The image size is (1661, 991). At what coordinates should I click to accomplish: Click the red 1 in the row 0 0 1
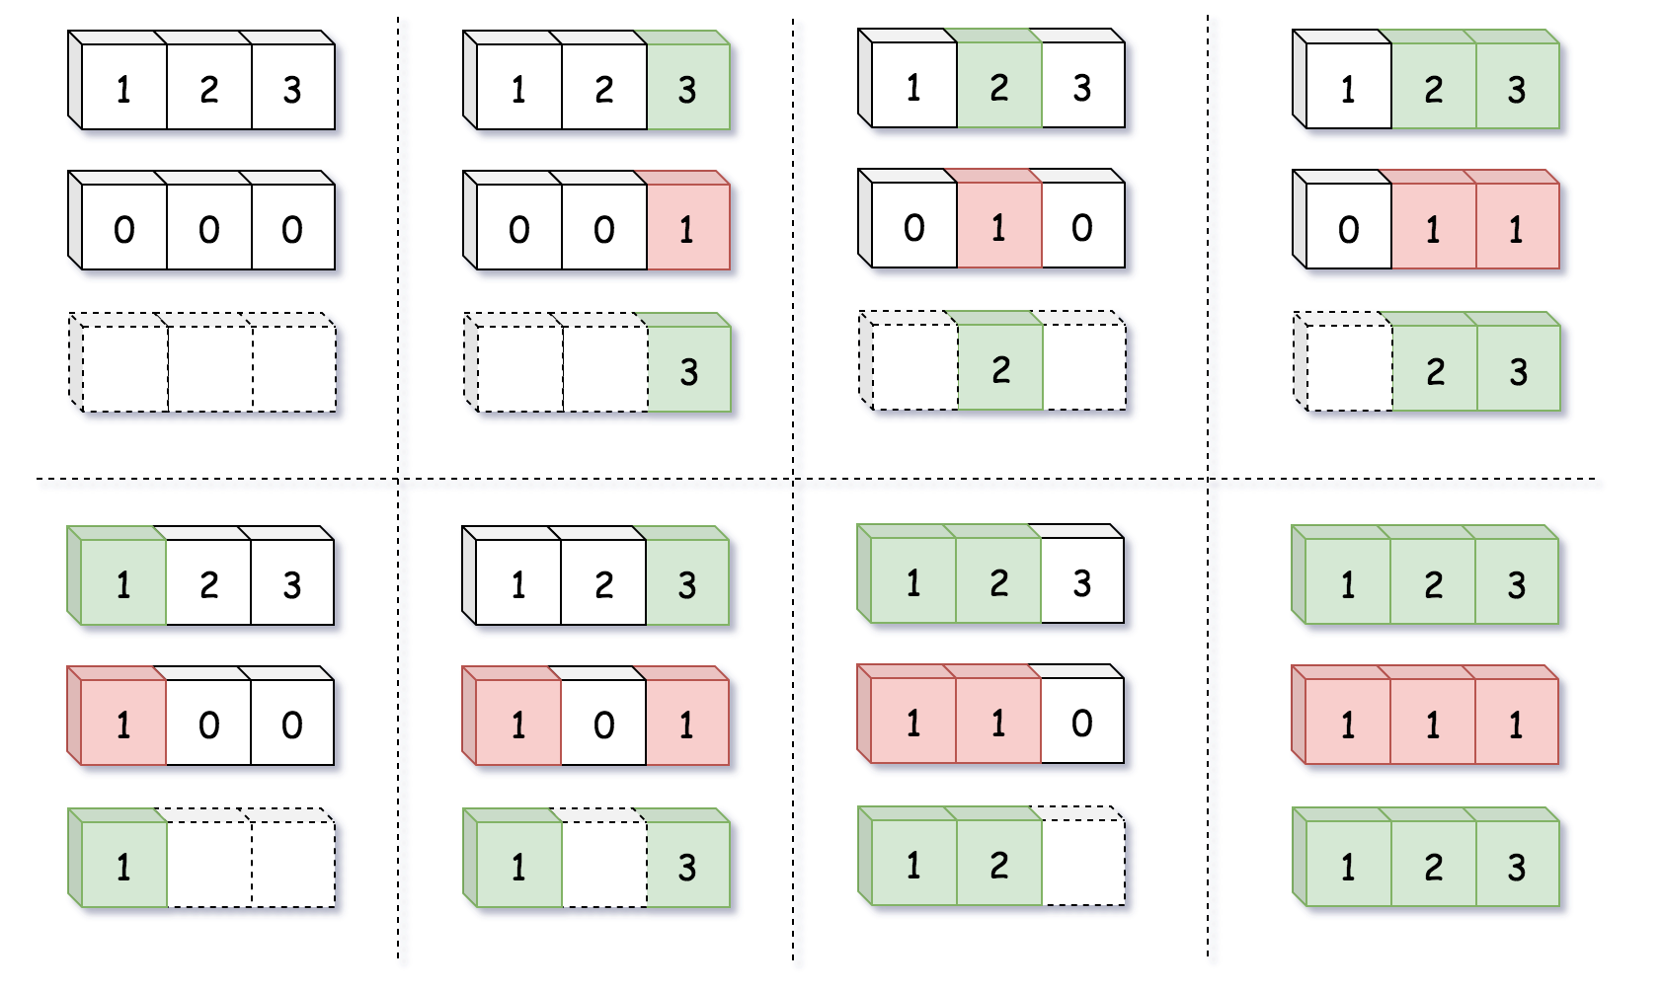coord(688,229)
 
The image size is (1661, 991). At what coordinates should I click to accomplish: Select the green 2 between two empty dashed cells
coord(999,369)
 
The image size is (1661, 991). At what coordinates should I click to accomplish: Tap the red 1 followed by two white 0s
coord(123,724)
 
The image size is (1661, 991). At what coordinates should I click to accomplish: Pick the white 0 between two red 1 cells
coord(603,724)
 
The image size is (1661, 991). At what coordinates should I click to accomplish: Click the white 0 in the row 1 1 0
coord(1082,723)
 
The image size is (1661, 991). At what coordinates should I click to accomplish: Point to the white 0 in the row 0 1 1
coord(1348,229)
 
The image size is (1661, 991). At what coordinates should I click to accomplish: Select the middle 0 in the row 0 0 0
coord(208,229)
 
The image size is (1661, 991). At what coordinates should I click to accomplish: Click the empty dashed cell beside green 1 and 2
coord(1082,863)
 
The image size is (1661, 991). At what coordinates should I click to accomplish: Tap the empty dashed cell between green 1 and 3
coord(603,865)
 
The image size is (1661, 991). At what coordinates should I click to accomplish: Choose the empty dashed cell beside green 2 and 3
coord(1348,369)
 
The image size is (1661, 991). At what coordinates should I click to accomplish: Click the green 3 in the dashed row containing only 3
coord(688,371)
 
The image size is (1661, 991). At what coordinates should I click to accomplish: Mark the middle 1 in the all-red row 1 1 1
coord(1432,724)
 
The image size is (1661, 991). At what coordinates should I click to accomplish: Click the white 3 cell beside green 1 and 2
coord(1082,582)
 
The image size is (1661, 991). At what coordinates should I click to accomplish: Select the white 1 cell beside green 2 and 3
coord(1348,89)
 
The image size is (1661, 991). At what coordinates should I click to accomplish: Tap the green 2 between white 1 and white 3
coord(999,87)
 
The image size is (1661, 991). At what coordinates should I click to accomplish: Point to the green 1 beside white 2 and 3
coord(123,584)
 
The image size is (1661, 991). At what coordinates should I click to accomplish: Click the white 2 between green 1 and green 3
coord(603,584)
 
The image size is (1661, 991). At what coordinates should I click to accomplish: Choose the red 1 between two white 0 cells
coord(999,227)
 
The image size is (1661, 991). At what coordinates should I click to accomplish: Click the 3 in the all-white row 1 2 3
coord(292,89)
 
